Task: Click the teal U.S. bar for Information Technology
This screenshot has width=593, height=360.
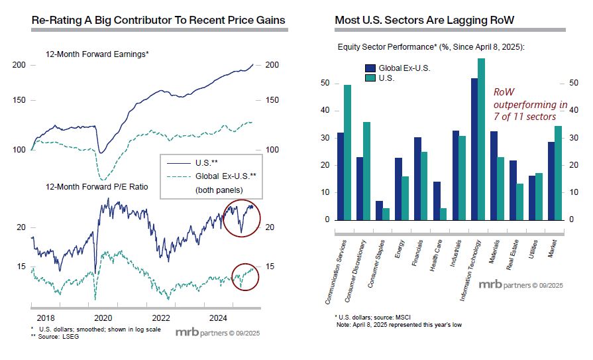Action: [482, 139]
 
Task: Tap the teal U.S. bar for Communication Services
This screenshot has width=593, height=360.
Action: [347, 152]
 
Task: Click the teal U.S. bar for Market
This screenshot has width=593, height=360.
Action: [558, 172]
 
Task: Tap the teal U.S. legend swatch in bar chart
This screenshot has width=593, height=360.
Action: [369, 78]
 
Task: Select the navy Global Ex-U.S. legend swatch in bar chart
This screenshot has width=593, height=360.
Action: [369, 68]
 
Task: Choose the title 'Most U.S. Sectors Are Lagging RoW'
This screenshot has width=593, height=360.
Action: [424, 21]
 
